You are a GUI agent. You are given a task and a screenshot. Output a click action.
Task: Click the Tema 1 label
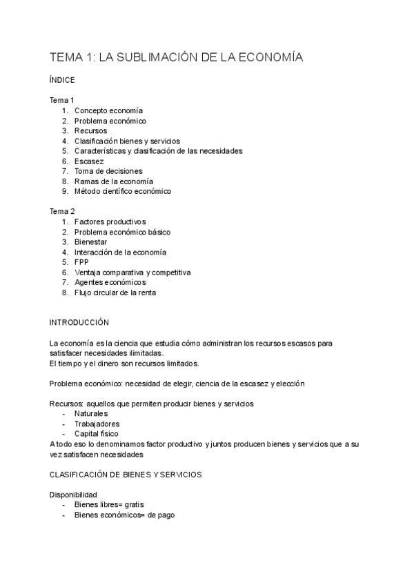(62, 100)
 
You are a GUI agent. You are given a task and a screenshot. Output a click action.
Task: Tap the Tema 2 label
(62, 211)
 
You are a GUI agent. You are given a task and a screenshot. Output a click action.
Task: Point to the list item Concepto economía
(108, 110)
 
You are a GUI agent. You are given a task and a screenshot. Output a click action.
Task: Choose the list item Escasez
(89, 161)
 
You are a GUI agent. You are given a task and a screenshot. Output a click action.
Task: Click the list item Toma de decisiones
(108, 171)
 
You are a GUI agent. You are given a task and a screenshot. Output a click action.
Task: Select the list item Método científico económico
(122, 191)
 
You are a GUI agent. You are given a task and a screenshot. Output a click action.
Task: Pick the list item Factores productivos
(110, 221)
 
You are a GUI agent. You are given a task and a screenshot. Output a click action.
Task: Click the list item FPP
(81, 262)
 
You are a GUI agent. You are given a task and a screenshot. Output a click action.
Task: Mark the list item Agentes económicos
(110, 282)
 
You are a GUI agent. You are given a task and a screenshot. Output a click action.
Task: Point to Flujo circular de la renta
(115, 292)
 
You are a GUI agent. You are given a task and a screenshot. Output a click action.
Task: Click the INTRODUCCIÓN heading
(79, 322)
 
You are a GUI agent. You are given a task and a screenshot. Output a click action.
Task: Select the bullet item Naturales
(91, 413)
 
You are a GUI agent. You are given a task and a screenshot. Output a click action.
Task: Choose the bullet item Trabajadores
(97, 424)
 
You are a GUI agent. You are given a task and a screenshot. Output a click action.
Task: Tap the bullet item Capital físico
(96, 434)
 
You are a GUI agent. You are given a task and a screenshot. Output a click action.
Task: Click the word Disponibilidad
(73, 495)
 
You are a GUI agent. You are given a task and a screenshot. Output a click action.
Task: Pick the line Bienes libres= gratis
(109, 505)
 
